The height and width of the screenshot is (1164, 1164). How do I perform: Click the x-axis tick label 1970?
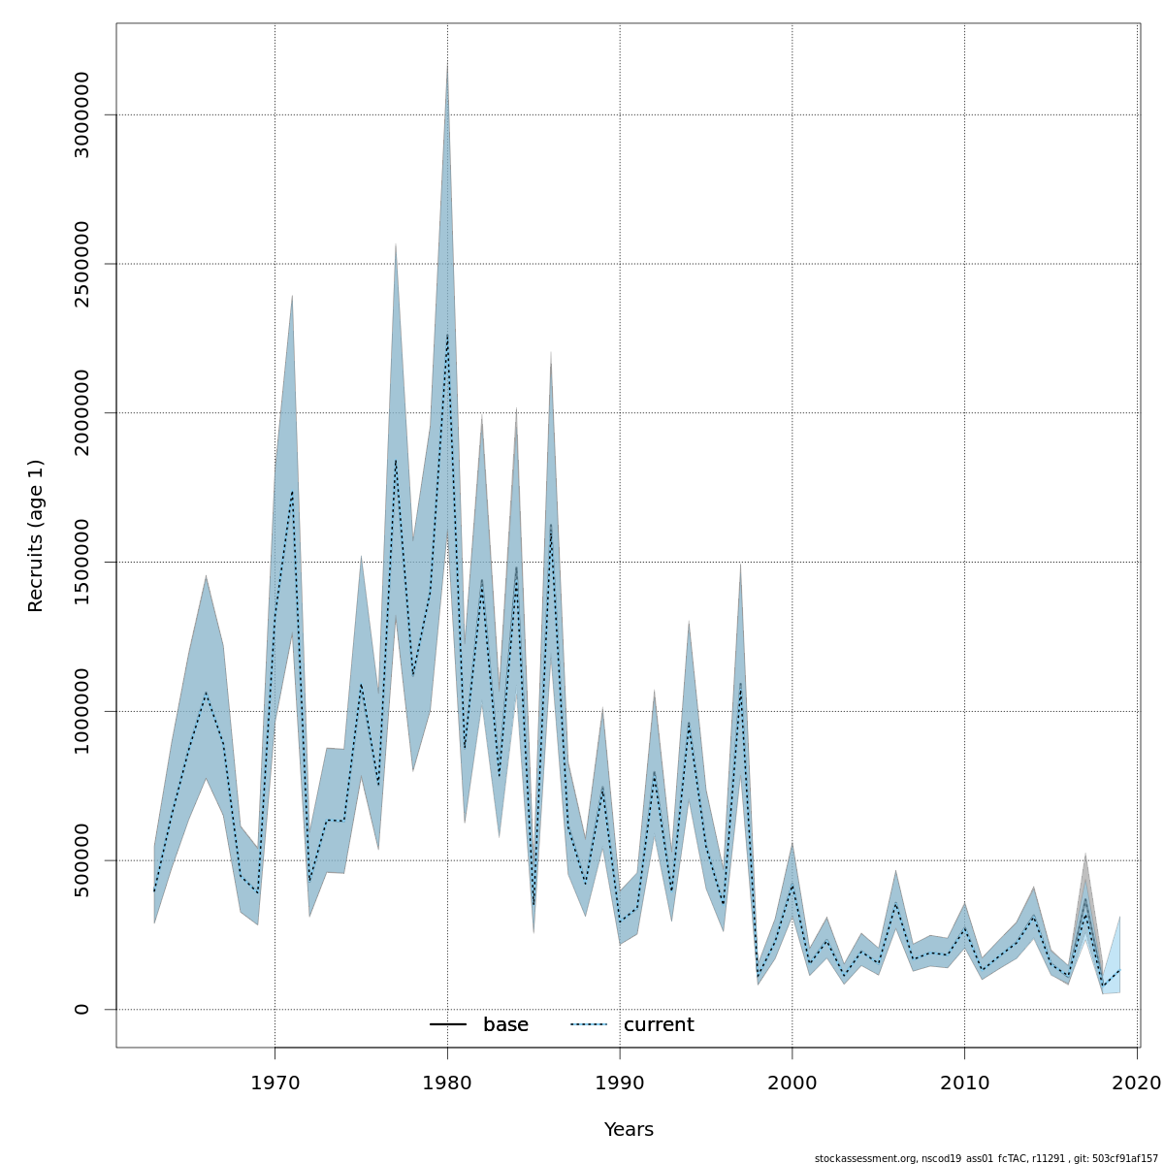tap(275, 1083)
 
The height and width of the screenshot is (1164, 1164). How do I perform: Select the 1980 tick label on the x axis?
tap(447, 1083)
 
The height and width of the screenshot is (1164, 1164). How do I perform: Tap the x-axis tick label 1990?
tap(620, 1083)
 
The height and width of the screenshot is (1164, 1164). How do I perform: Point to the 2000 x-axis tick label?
tap(792, 1083)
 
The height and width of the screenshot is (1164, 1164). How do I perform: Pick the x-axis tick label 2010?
tap(964, 1083)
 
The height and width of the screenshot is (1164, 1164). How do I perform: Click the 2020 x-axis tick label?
tap(1137, 1083)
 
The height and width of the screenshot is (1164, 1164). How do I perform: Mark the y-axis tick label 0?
tap(81, 1009)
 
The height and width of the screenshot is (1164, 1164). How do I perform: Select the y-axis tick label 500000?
tap(81, 860)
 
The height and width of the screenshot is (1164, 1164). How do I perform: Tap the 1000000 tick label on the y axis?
tap(81, 711)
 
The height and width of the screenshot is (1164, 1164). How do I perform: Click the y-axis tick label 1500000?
tap(81, 562)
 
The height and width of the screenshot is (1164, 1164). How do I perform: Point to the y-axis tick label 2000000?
tap(81, 412)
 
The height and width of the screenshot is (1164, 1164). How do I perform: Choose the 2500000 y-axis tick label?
tap(81, 264)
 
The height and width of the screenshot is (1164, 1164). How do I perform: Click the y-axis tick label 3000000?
tap(81, 114)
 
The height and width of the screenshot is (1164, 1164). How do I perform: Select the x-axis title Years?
tap(629, 1130)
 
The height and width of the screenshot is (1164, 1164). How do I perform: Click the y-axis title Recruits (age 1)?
tap(36, 535)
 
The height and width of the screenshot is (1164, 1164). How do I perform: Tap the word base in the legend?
tap(505, 1025)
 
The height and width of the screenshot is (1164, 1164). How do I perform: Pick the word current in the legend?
tap(659, 1025)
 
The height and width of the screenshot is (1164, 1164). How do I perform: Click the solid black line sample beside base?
tap(448, 1025)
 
